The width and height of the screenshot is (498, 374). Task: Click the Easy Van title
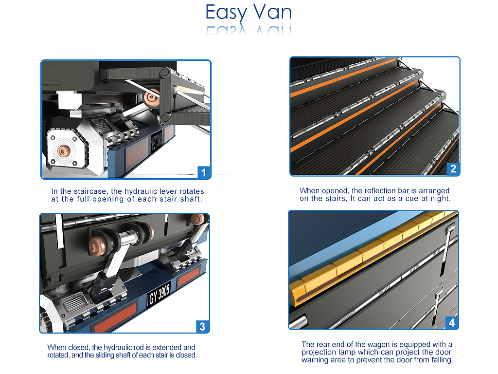(249, 13)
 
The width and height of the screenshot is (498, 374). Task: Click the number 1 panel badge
(204, 172)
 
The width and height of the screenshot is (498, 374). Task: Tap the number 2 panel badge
(453, 168)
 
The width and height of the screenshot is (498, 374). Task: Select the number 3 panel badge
(202, 326)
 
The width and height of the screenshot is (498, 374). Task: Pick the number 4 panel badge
(452, 323)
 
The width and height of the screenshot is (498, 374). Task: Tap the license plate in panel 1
(157, 140)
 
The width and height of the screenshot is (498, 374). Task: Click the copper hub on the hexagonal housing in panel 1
(64, 151)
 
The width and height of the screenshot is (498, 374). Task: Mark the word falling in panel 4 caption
(442, 360)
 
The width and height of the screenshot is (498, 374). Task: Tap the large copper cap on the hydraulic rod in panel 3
(98, 245)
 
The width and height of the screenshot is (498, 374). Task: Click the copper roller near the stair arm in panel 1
(152, 97)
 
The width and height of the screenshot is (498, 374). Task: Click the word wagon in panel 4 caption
(368, 344)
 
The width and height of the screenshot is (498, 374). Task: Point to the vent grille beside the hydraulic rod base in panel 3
(75, 302)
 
